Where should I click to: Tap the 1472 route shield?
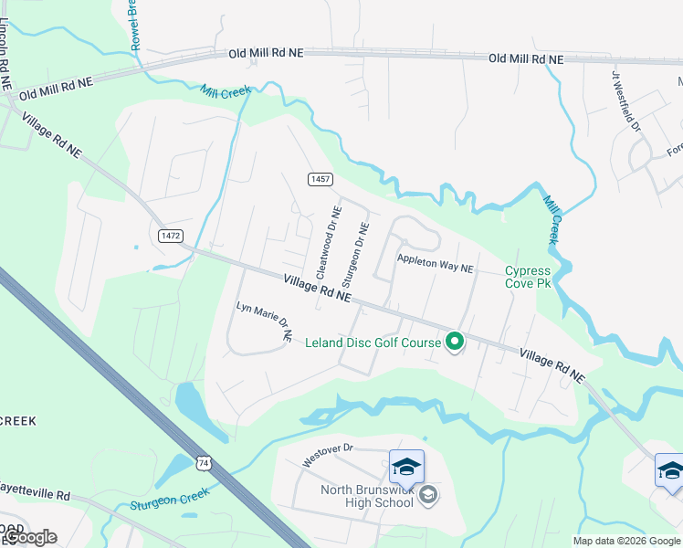click(x=170, y=236)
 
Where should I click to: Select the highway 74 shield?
click(x=203, y=463)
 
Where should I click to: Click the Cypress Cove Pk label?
click(x=529, y=277)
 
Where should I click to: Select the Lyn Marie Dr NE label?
click(x=263, y=321)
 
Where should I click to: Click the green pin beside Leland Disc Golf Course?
click(x=455, y=342)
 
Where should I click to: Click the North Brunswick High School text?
click(x=367, y=495)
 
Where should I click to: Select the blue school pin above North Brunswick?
click(x=406, y=467)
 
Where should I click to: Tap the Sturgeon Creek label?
click(x=170, y=498)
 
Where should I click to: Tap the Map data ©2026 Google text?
click(x=626, y=541)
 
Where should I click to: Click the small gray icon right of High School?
click(x=428, y=495)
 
